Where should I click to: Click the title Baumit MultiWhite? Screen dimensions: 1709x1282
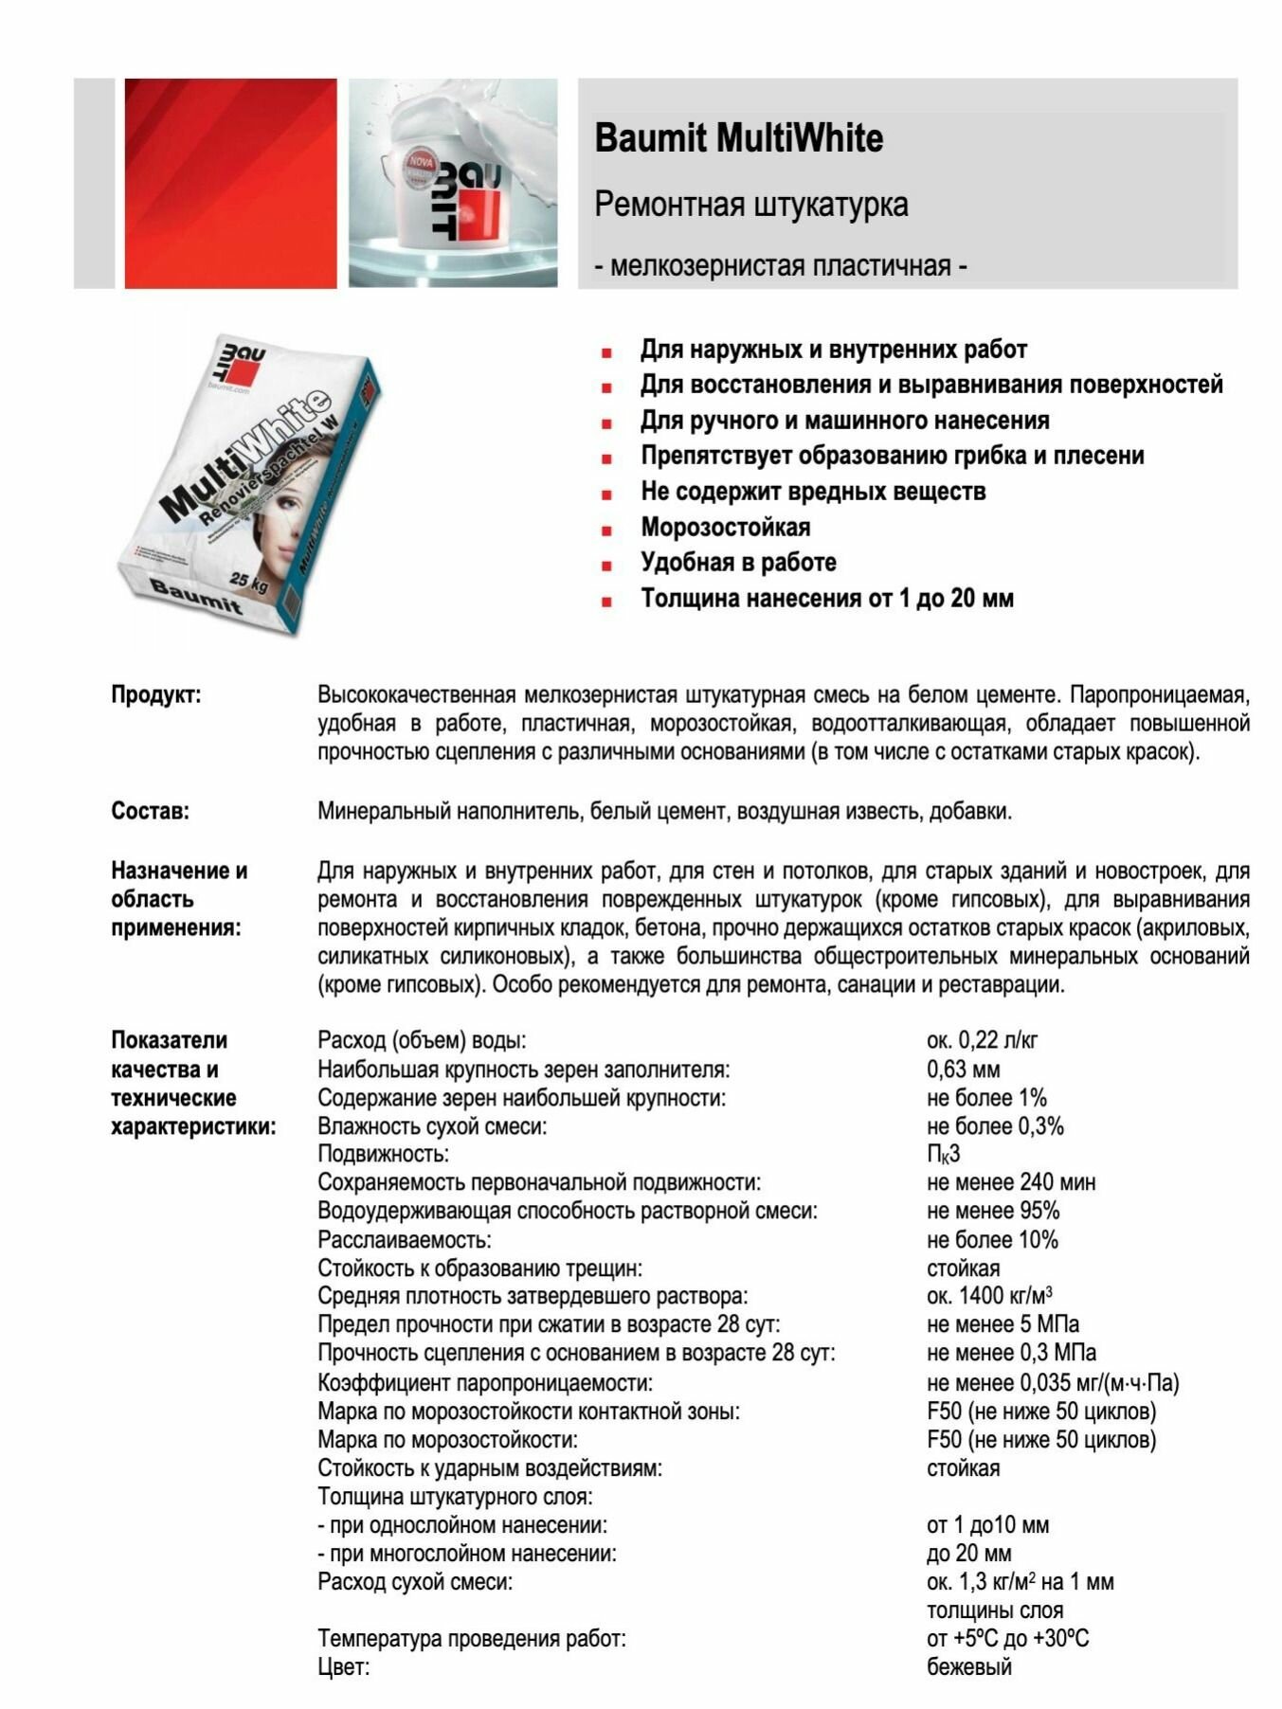(x=738, y=138)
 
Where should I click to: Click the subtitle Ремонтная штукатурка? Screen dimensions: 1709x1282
(x=750, y=205)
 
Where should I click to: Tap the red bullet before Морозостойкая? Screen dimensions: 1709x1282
(x=606, y=530)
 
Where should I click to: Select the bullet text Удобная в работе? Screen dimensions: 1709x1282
(x=738, y=563)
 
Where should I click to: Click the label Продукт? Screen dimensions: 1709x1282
(x=156, y=695)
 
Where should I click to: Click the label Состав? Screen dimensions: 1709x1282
(x=150, y=812)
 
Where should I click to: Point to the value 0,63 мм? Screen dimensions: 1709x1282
(x=963, y=1070)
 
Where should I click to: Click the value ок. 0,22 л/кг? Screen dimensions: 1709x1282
(x=982, y=1041)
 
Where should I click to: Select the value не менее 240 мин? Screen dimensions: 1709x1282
(x=1010, y=1183)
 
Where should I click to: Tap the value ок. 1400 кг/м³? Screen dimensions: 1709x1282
(x=989, y=1297)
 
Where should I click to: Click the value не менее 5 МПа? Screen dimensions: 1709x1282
(x=1002, y=1325)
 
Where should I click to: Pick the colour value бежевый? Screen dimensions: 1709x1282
(x=968, y=1667)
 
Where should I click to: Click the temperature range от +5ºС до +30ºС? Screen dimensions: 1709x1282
(x=1007, y=1639)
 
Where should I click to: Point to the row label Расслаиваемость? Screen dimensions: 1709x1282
(x=405, y=1240)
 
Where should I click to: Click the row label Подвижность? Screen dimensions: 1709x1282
(x=383, y=1155)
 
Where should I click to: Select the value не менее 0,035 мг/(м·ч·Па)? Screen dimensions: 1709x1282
(x=1052, y=1383)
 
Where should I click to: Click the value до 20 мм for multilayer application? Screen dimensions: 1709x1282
(x=968, y=1554)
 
